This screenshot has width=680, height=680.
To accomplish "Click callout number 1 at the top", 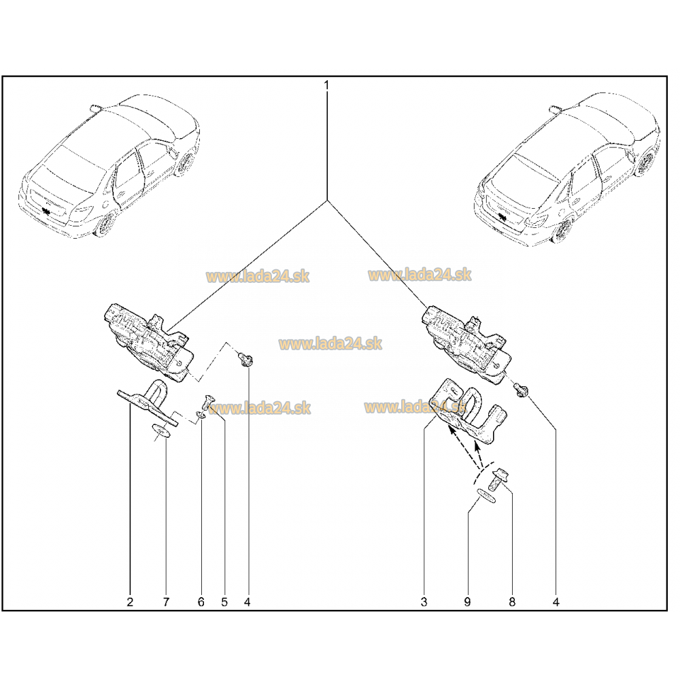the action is click(326, 85).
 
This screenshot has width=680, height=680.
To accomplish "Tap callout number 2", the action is click(130, 602).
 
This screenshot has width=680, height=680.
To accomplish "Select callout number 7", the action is click(166, 602).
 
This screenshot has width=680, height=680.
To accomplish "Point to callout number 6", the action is click(201, 602).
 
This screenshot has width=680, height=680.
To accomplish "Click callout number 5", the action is click(224, 602).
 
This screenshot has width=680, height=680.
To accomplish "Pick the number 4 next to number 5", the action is click(248, 602).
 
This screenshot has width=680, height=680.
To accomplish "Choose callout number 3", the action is click(424, 602).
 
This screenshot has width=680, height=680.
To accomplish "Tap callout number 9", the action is click(467, 602).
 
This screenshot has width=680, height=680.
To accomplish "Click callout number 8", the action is click(512, 602).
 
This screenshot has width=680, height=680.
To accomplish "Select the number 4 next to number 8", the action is click(556, 602).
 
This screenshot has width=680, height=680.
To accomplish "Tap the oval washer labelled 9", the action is click(486, 496).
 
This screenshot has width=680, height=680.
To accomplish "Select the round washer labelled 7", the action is click(160, 431).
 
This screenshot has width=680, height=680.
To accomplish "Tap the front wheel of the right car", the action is click(563, 231).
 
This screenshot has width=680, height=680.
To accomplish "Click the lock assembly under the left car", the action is click(148, 343).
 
